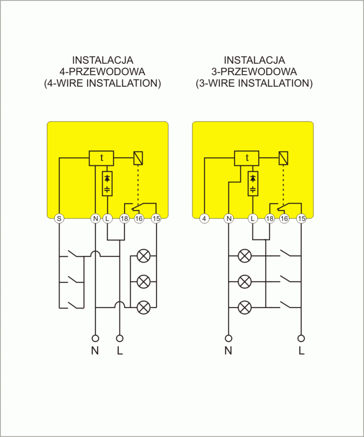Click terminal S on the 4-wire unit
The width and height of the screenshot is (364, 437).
click(x=59, y=218)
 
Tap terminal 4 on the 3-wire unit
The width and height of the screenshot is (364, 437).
click(x=204, y=218)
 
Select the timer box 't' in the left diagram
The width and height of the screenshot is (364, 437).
click(x=102, y=158)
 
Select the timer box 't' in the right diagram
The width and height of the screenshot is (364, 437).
click(x=247, y=158)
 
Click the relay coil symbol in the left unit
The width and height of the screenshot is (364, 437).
click(x=138, y=158)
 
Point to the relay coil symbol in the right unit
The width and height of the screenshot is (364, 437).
click(x=284, y=158)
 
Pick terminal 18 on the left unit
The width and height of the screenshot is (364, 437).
click(x=125, y=218)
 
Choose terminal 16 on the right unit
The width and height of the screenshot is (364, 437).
click(x=284, y=218)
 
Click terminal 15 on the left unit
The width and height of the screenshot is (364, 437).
click(x=156, y=218)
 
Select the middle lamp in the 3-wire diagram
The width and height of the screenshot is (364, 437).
click(x=245, y=281)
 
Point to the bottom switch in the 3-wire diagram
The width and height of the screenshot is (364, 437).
click(x=286, y=304)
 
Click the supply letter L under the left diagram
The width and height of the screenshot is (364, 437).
click(x=120, y=351)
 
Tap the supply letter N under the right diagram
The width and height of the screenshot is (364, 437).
click(x=228, y=351)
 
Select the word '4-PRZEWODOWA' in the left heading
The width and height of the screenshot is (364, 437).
click(x=102, y=72)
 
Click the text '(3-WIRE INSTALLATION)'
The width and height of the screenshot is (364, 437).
click(x=254, y=83)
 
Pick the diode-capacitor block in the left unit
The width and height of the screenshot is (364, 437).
click(x=107, y=184)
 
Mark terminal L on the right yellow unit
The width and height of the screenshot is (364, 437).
click(x=252, y=218)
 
